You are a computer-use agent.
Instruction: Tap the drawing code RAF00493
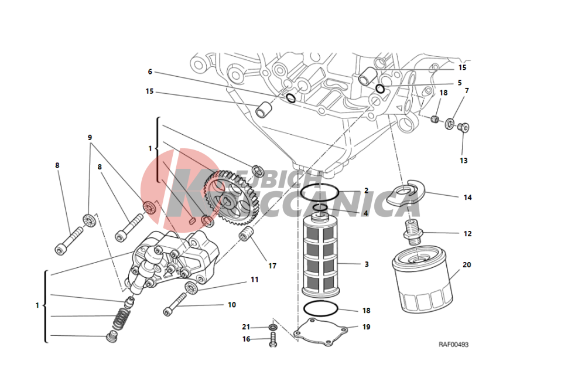453,345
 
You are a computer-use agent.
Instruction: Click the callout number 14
467,198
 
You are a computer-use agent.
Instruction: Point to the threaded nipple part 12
413,233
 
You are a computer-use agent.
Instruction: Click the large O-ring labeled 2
319,192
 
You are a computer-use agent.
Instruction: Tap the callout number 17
272,266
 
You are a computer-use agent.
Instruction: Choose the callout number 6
150,72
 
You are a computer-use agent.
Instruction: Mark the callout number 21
246,326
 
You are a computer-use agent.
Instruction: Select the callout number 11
254,280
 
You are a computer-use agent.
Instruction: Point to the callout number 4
365,213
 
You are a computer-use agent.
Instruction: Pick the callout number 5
460,83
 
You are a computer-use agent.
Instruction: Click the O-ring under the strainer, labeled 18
320,309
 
